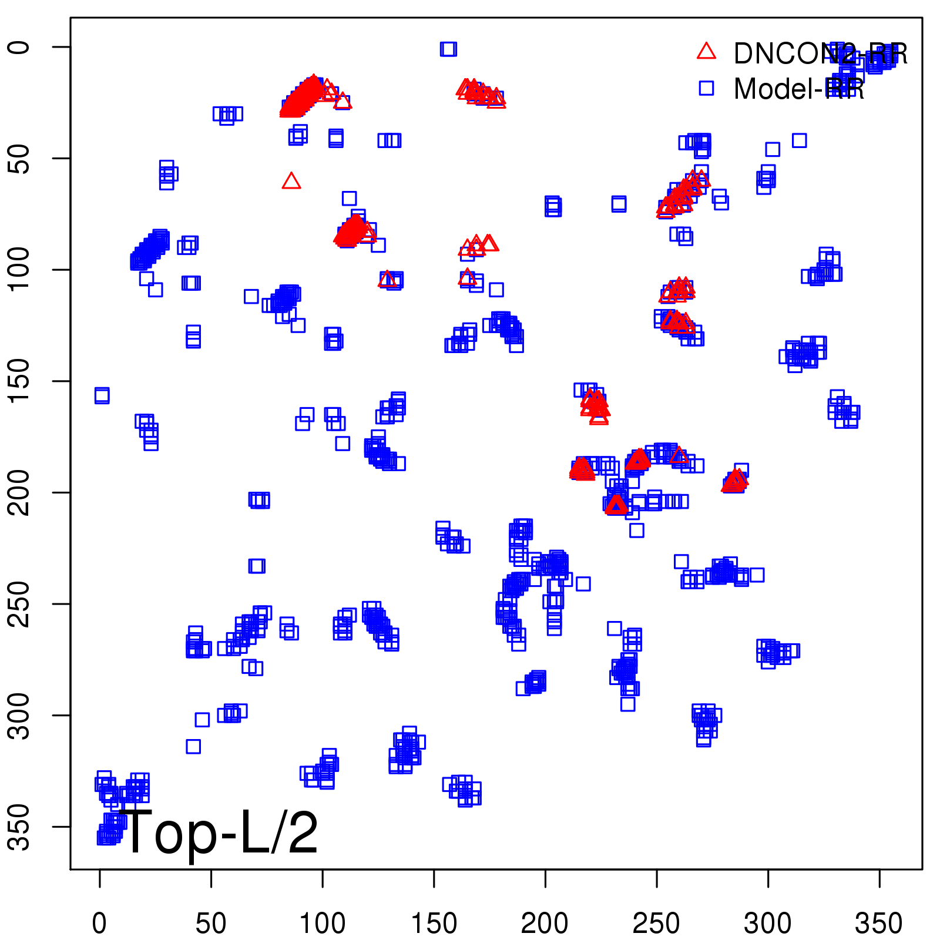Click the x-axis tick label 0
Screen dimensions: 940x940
[99, 924]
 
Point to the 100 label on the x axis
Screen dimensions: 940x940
[322, 924]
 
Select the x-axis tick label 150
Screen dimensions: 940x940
[434, 924]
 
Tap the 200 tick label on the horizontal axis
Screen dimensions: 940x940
[545, 924]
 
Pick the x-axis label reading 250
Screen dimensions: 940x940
[656, 924]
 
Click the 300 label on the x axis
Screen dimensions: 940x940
[767, 924]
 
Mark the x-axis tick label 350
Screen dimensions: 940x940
[879, 924]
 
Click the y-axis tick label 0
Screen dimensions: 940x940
[19, 47]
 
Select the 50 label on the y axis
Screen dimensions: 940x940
[19, 158]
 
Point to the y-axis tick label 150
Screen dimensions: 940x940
[19, 381]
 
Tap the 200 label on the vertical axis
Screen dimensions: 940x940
[19, 492]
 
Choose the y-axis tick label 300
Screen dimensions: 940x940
[19, 715]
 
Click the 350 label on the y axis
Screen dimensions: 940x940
[19, 827]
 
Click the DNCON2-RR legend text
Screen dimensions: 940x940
[820, 54]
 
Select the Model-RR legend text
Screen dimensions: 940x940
[799, 89]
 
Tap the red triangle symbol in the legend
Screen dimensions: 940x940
[706, 52]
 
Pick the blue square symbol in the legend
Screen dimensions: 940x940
[706, 88]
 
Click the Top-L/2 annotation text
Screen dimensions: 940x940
[219, 832]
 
